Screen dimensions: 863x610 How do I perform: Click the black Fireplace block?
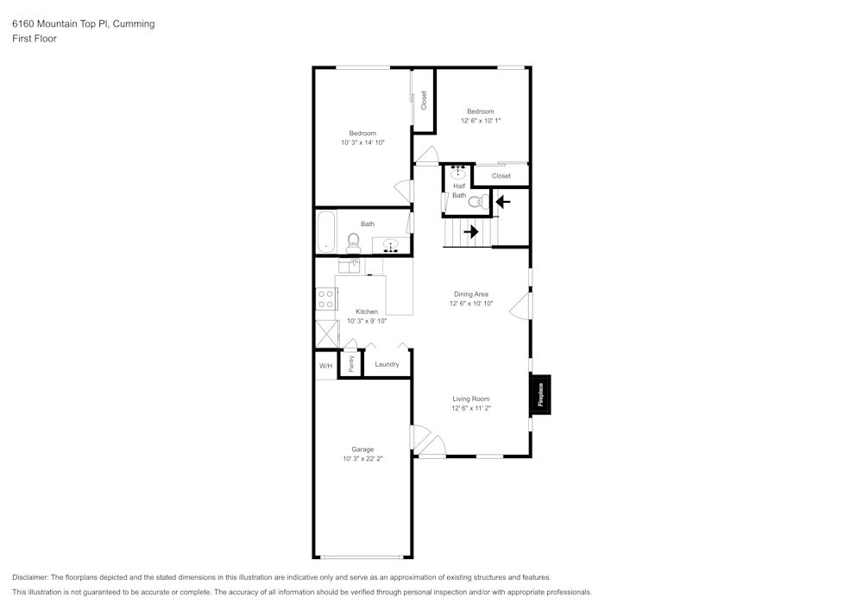pyautogui.click(x=540, y=394)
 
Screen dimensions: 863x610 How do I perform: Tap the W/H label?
pyautogui.click(x=326, y=366)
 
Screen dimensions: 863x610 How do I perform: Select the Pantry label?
pyautogui.click(x=351, y=363)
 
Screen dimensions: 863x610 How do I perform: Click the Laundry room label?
pyautogui.click(x=387, y=364)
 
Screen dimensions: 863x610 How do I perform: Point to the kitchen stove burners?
pyautogui.click(x=326, y=299)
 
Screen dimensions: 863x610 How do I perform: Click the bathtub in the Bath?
pyautogui.click(x=326, y=231)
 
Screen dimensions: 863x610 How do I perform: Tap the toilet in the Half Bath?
pyautogui.click(x=478, y=202)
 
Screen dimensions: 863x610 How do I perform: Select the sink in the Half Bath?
pyautogui.click(x=458, y=173)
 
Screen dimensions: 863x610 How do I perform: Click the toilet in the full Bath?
pyautogui.click(x=353, y=243)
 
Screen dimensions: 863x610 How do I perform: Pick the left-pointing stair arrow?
pyautogui.click(x=503, y=202)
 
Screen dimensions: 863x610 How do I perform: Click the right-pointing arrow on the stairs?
pyautogui.click(x=470, y=231)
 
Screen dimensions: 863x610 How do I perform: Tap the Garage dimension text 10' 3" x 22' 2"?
pyautogui.click(x=362, y=458)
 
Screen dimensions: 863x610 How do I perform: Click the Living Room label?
pyautogui.click(x=471, y=399)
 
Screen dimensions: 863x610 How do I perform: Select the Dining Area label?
pyautogui.click(x=471, y=294)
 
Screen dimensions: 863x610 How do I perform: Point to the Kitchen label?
pyautogui.click(x=367, y=311)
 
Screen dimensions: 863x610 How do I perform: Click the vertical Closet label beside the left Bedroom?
pyautogui.click(x=424, y=100)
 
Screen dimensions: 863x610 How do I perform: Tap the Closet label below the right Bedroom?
pyautogui.click(x=501, y=176)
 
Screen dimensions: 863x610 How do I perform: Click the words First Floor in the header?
pyautogui.click(x=35, y=39)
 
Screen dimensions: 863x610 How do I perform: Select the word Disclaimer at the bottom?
pyautogui.click(x=29, y=577)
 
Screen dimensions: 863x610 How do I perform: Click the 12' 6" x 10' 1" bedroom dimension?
pyautogui.click(x=481, y=121)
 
